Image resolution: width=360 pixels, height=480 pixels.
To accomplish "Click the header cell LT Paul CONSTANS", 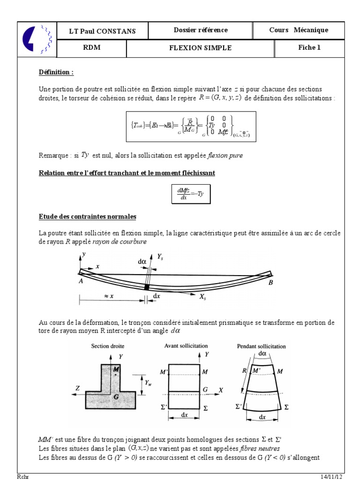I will (x=102, y=31).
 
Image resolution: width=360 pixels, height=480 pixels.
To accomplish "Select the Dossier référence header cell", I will (x=200, y=30).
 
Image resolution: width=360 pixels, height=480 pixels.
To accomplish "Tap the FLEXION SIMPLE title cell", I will (x=200, y=48).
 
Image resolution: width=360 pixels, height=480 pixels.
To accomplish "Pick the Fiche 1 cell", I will (x=309, y=48).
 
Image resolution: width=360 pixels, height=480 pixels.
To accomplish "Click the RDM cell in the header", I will (x=90, y=48).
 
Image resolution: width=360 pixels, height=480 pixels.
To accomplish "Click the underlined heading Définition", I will (x=56, y=73).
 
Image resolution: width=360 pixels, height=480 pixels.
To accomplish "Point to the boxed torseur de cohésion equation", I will (x=191, y=127).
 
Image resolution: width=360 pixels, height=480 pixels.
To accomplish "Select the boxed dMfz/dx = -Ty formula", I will (x=191, y=194).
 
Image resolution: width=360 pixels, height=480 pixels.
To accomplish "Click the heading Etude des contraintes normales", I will (x=87, y=217).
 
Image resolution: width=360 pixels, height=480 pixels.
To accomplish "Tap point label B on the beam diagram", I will (x=270, y=283).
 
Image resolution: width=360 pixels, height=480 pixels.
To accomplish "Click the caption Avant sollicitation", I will (x=186, y=345).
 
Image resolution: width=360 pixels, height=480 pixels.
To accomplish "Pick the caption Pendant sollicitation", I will (x=262, y=346).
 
